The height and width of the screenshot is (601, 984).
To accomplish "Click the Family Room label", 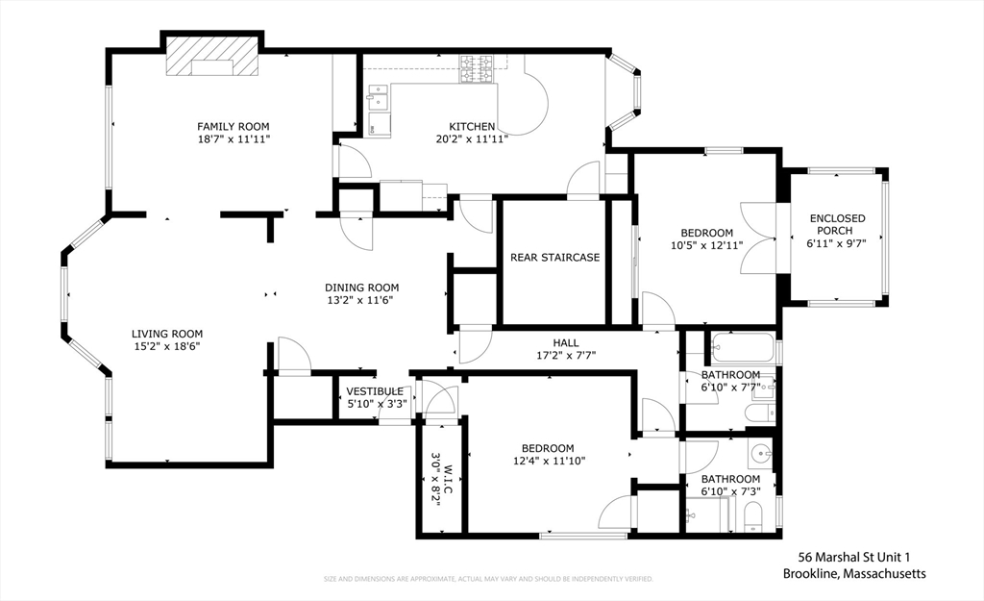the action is click(x=234, y=126).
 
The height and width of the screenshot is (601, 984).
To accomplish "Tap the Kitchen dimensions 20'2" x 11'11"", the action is click(x=472, y=138).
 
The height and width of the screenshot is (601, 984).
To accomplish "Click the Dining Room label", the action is click(x=362, y=288).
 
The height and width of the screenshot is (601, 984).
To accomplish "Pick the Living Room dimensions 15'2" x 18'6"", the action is click(x=167, y=346).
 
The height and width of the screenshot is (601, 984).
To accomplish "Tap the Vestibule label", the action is click(x=375, y=392).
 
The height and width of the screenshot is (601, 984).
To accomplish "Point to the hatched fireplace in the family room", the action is click(x=212, y=56).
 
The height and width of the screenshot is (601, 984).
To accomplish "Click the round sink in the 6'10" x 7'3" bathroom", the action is click(x=762, y=453).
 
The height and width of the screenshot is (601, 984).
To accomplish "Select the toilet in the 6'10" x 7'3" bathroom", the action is click(x=751, y=517).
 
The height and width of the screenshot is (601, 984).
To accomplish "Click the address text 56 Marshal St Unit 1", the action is click(x=853, y=557).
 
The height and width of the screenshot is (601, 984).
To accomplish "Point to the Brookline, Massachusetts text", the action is click(x=854, y=573).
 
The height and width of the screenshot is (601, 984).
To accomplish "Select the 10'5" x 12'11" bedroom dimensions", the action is click(x=706, y=245).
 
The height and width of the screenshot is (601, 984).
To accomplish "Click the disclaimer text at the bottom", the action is click(x=488, y=578).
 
